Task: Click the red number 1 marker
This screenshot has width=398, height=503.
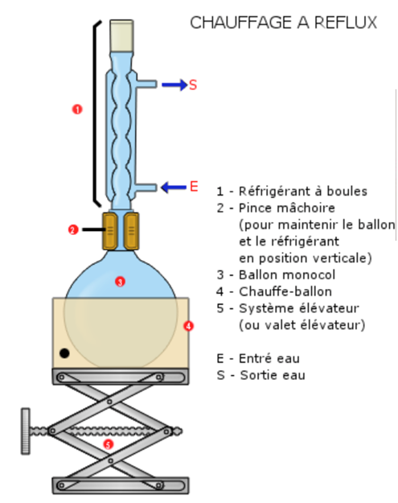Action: point(77,109)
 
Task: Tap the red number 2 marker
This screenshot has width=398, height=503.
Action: point(73,229)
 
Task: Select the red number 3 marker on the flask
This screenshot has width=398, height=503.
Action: point(120,282)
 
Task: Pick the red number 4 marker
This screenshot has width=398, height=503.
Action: point(188,326)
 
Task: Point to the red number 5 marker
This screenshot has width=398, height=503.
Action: point(109,444)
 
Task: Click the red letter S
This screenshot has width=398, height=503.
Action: point(193,85)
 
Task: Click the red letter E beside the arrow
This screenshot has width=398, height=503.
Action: point(194,187)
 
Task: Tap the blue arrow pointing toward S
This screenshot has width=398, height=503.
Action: point(174,85)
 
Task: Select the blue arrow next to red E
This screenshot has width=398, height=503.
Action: point(174,188)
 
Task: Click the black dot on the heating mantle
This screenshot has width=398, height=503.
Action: point(64,353)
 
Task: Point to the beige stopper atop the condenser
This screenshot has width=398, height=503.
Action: point(121,35)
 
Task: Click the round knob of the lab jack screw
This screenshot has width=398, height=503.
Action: point(26,431)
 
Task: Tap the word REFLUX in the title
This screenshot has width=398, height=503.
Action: point(346,23)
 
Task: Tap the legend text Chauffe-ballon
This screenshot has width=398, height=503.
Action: point(285,291)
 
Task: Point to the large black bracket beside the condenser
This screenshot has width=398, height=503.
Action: point(95,114)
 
